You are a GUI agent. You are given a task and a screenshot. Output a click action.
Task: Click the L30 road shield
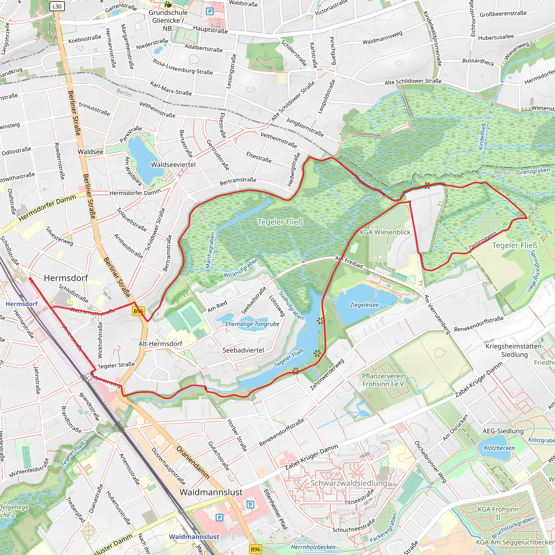[x=57, y=6]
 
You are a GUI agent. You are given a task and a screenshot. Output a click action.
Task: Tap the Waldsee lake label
[x=91, y=152]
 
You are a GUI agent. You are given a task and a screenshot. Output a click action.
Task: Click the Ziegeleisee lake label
[x=364, y=305]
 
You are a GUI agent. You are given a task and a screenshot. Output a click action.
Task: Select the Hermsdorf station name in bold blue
[x=22, y=304]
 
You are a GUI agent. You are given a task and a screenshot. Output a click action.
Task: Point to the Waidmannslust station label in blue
[x=194, y=537]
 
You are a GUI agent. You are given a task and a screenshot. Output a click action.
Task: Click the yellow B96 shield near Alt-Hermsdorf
[x=138, y=311]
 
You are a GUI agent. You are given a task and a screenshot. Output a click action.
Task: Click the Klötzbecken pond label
[x=499, y=448]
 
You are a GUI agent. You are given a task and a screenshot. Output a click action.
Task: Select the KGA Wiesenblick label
[x=385, y=232]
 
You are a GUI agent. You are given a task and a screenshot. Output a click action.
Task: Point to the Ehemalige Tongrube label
[x=252, y=324]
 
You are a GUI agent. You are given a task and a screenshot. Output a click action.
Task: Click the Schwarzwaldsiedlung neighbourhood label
[x=349, y=483]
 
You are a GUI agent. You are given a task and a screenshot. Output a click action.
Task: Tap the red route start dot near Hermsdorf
[x=30, y=279]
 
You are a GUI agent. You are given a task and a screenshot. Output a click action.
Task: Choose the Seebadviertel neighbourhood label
[x=243, y=350]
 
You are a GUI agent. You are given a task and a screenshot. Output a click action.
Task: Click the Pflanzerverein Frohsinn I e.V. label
[x=384, y=380]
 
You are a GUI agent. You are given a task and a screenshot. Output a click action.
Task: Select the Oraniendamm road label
[x=193, y=462]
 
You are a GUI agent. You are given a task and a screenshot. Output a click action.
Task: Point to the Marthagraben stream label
[x=210, y=250]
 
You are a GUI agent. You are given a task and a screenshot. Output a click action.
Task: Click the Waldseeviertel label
[x=173, y=164]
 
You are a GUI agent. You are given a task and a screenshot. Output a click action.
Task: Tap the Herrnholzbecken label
[x=313, y=547]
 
